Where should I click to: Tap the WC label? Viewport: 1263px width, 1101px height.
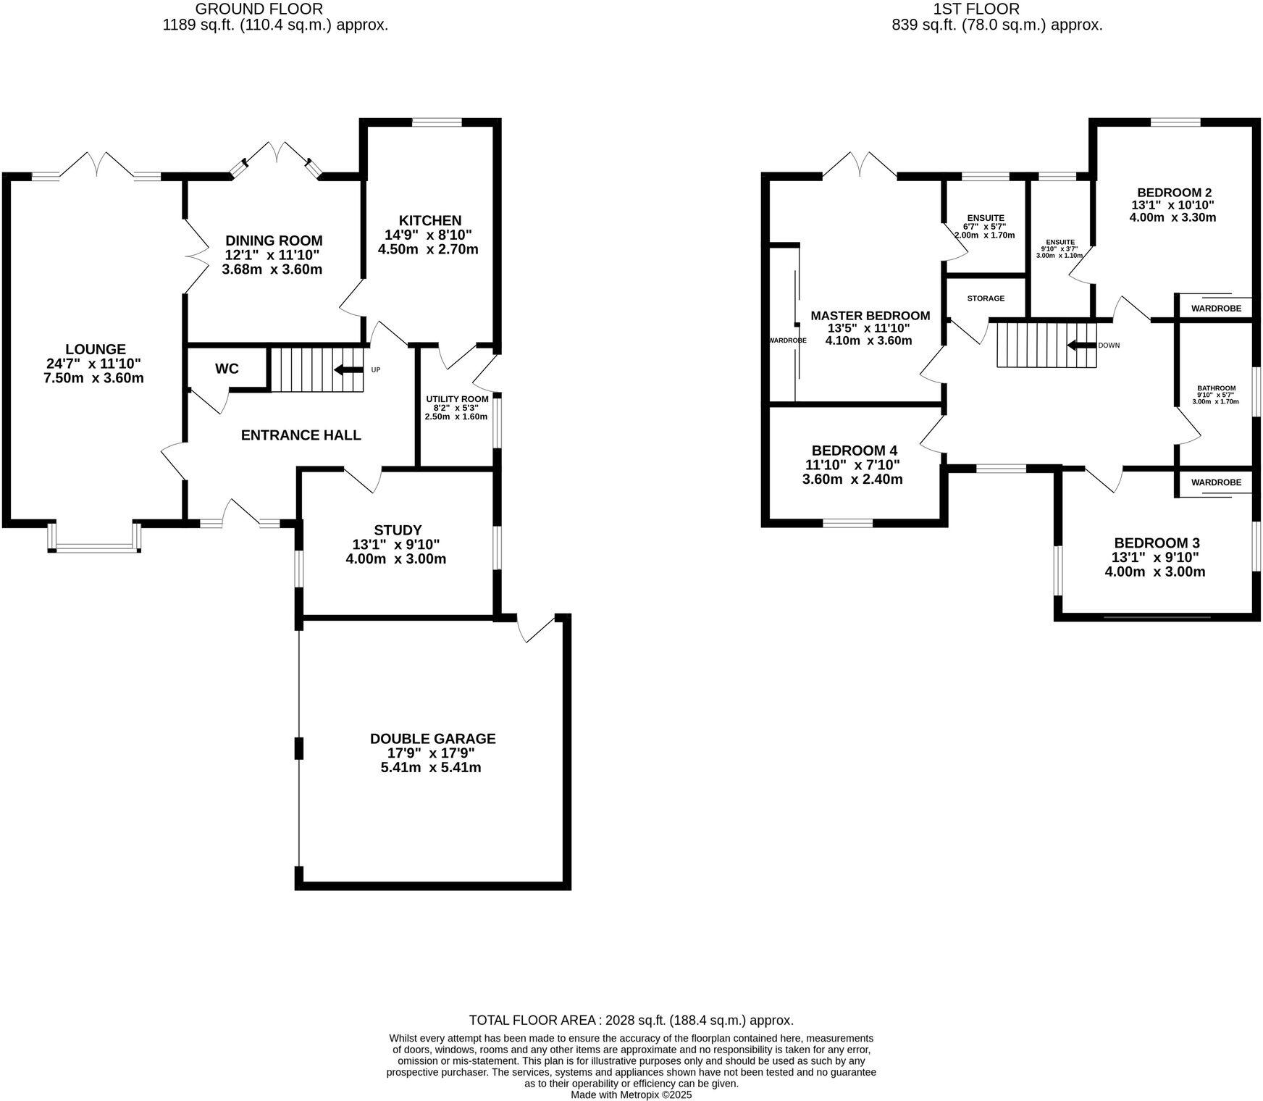[227, 369]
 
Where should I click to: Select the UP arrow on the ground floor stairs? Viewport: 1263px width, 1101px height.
[348, 370]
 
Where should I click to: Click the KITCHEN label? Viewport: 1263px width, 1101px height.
[429, 220]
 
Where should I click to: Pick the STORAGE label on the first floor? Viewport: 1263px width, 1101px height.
[986, 298]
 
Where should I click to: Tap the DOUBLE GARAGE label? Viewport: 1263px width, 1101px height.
[432, 739]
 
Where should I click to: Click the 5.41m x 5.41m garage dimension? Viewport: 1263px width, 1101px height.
[431, 767]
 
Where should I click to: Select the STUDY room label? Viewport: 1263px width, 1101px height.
[398, 530]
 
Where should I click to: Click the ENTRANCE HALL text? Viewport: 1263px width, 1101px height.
[301, 435]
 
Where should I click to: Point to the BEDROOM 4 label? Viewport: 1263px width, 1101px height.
[854, 451]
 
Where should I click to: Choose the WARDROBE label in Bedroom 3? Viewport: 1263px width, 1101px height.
[1216, 482]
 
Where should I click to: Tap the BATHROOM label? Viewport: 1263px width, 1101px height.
[1216, 388]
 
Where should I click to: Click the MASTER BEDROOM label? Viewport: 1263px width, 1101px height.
[870, 316]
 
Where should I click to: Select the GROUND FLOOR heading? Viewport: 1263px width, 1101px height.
[259, 9]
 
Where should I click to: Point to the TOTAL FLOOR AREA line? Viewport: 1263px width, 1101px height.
[631, 1020]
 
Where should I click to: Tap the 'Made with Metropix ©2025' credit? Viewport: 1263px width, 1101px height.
[631, 1094]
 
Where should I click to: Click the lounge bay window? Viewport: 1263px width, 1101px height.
[95, 548]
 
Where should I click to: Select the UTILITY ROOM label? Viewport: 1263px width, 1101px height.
[457, 399]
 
